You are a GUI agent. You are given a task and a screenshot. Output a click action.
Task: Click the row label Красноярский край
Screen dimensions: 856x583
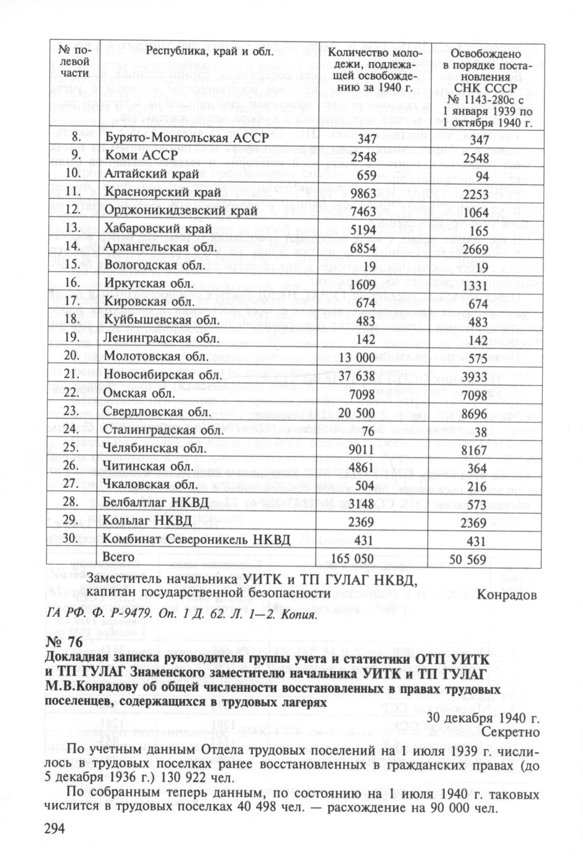(163, 193)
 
